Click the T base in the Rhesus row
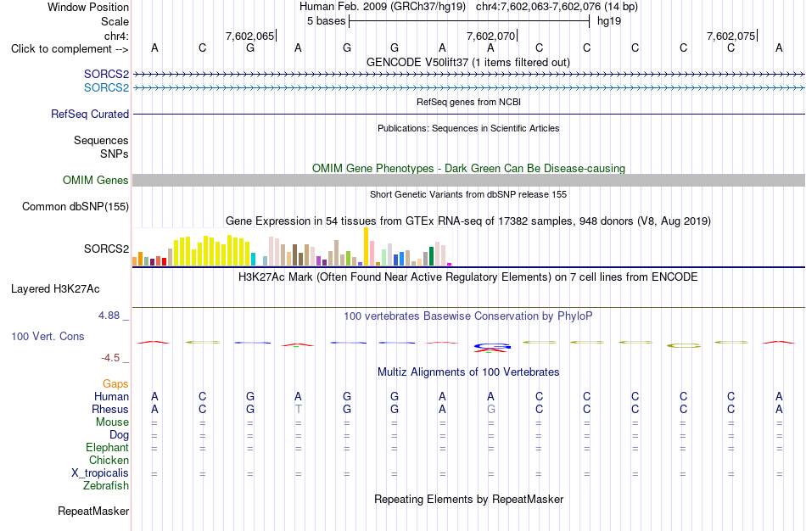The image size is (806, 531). tap(298, 409)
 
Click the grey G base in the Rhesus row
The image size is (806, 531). tap(491, 409)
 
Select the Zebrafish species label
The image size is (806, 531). tap(106, 485)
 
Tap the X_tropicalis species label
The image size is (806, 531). tap(100, 473)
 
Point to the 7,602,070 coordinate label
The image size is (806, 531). tap(490, 36)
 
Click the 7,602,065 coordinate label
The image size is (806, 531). tap(249, 36)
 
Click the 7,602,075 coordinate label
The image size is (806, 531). tap(731, 36)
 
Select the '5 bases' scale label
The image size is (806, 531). tap(327, 21)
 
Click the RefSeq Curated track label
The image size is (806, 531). tap(90, 115)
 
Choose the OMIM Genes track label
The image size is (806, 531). tap(96, 180)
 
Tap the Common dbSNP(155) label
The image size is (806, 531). tap(76, 207)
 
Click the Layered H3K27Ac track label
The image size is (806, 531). tap(55, 289)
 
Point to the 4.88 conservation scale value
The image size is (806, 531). tap(109, 315)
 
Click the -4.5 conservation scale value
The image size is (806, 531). tap(110, 358)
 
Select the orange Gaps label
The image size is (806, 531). tap(115, 384)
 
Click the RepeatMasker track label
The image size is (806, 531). tap(93, 511)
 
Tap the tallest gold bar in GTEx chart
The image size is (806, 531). tap(366, 246)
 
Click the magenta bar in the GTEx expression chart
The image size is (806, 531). tap(450, 264)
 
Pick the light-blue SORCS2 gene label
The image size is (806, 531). tap(106, 88)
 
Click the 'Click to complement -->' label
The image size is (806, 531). tap(70, 49)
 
